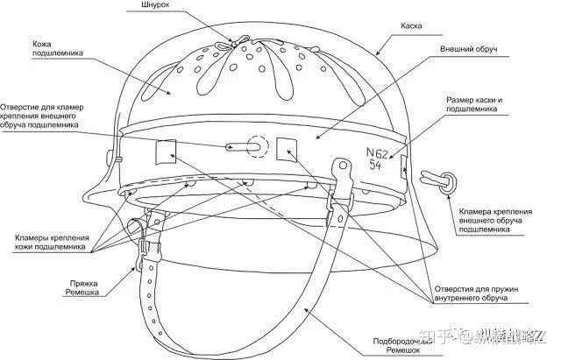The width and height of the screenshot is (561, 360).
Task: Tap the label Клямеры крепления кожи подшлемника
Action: coord(51,242)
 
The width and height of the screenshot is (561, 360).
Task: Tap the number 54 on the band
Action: coord(375,165)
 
